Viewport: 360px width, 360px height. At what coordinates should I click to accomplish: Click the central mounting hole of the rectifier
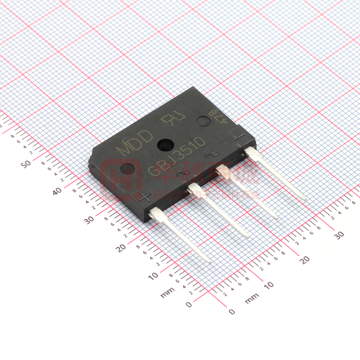[164, 144]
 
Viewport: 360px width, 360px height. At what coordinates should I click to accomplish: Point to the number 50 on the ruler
[26, 164]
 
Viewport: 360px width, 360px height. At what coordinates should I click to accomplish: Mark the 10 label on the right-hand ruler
[269, 285]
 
